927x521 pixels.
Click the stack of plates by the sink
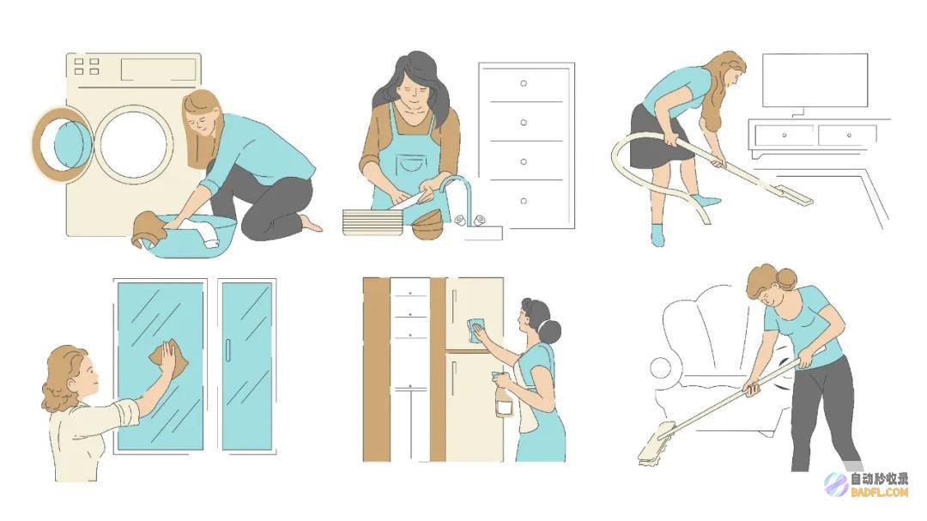click(373, 221)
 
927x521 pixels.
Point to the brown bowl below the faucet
click(427, 225)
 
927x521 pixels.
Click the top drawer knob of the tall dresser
click(524, 83)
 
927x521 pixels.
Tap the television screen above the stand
click(815, 81)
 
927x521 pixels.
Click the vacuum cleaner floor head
click(791, 195)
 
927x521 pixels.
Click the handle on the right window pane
click(228, 350)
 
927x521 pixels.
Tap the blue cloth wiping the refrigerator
click(476, 329)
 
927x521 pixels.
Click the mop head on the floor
click(657, 444)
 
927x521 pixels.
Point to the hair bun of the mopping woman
click(787, 278)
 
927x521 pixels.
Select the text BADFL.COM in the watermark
click(879, 492)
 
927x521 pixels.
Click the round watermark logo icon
click(837, 484)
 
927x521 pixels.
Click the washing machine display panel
click(159, 70)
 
